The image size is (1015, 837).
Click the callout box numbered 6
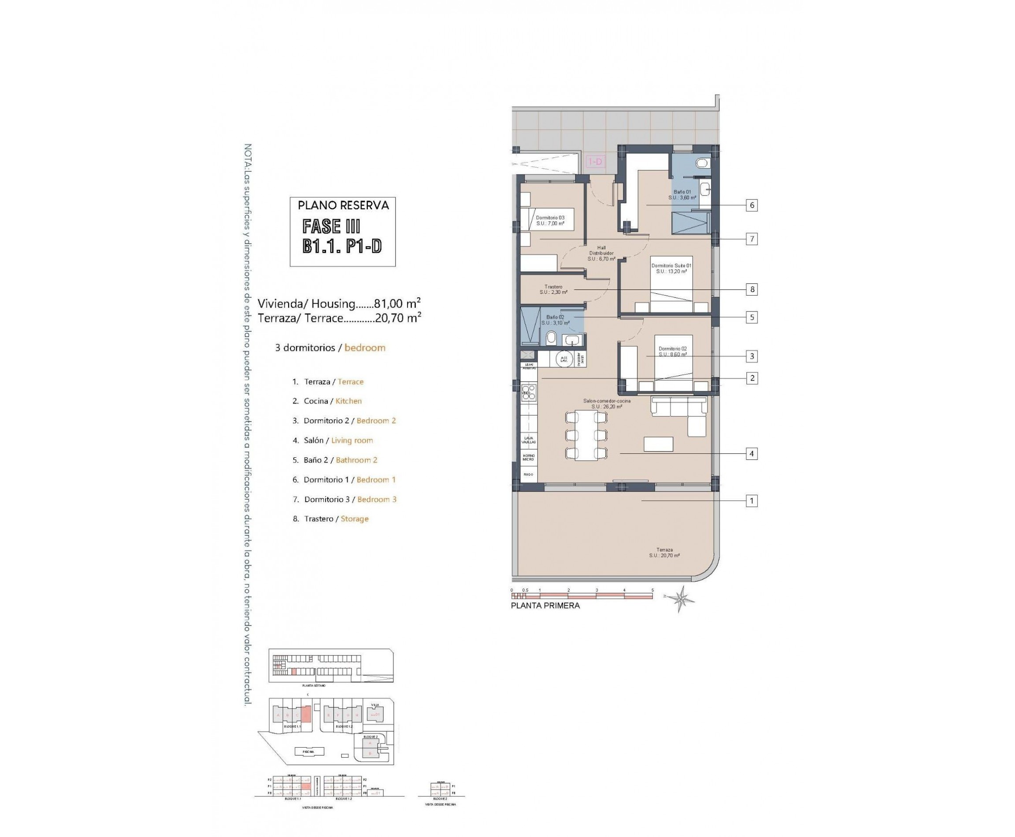click(x=751, y=205)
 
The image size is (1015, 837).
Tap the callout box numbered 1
click(x=751, y=500)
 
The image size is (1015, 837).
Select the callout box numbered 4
click(x=751, y=453)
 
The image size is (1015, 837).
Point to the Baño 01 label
click(x=682, y=194)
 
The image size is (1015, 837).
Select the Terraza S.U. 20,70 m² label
click(x=664, y=552)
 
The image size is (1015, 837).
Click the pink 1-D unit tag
click(x=595, y=162)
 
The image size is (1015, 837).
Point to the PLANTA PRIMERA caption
click(x=545, y=606)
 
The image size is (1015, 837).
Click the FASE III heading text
click(x=331, y=226)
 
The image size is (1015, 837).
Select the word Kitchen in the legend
click(x=348, y=401)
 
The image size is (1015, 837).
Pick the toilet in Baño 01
click(x=703, y=163)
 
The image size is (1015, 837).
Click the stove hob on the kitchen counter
click(x=529, y=393)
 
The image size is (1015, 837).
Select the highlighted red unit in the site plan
click(x=305, y=713)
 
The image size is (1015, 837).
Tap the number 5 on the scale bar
click(x=652, y=590)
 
